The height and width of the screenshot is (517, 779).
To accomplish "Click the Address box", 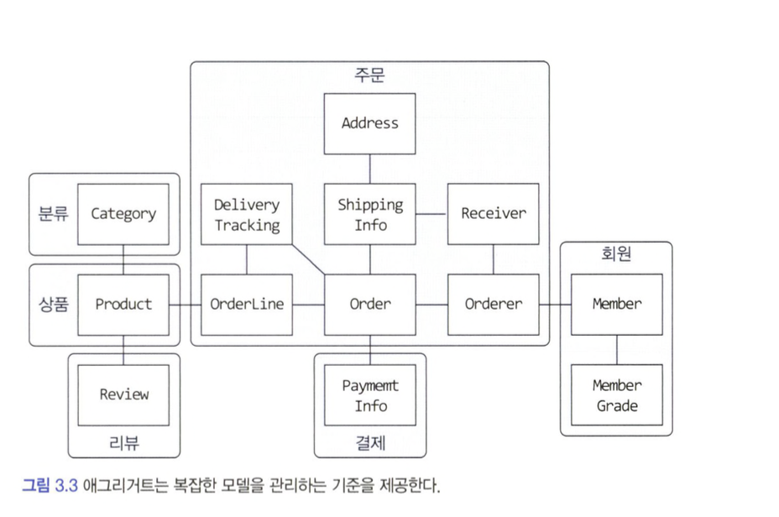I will [x=369, y=123].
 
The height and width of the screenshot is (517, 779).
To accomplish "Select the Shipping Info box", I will [x=369, y=214].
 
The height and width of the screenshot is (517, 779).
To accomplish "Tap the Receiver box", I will [x=493, y=214].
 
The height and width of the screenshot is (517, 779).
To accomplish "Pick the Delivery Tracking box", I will [x=247, y=214].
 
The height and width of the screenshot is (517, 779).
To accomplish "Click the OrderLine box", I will [x=247, y=304].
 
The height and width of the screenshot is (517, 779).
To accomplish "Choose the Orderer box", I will [x=493, y=304].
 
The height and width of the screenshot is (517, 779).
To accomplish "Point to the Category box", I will [x=123, y=214].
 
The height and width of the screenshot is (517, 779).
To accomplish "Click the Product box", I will [x=123, y=304].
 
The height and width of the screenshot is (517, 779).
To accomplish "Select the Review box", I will [x=123, y=394].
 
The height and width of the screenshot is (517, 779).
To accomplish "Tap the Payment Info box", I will [x=369, y=395].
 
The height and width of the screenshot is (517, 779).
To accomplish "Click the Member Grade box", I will [x=617, y=395].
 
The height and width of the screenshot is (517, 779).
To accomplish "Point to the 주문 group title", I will [x=369, y=76].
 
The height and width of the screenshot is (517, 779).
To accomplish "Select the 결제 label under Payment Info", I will [x=369, y=442].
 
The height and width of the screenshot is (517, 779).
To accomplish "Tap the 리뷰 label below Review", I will [x=123, y=442].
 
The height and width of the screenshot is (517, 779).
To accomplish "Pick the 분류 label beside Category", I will [x=52, y=214].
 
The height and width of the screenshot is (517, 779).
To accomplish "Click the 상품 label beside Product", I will [x=52, y=304].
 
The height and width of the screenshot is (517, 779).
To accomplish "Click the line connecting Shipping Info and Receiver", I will [x=431, y=214].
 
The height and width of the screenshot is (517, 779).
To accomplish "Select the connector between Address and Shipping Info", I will [x=369, y=169].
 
